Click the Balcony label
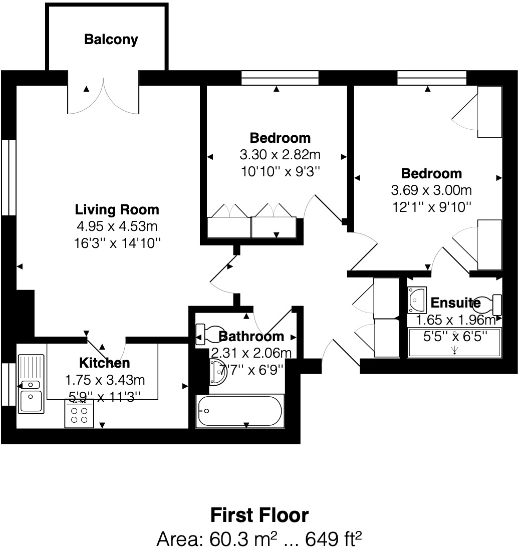(111, 40)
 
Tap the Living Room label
(117, 209)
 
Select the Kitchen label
(105, 363)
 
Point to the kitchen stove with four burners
(79, 414)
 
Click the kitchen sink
(31, 391)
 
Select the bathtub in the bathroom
(239, 411)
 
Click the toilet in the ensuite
(488, 303)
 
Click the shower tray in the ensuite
(455, 343)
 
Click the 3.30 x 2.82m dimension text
(280, 154)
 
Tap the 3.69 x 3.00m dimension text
(431, 190)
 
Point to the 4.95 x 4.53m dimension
(117, 226)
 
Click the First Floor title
(259, 515)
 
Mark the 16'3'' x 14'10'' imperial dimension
(117, 243)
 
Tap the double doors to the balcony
(103, 96)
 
